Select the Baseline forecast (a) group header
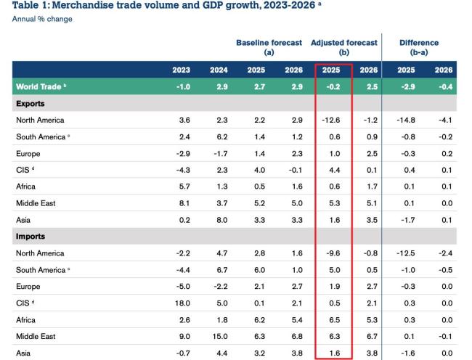[269, 48]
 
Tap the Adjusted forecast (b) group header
[343, 48]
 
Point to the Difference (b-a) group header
[419, 48]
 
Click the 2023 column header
[182, 70]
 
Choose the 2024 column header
[219, 70]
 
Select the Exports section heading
[30, 104]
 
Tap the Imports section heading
[30, 237]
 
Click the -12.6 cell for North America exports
[331, 120]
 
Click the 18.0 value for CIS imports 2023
[182, 303]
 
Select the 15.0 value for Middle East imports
[219, 337]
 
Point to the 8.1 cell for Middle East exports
[184, 203]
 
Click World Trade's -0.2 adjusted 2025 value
[333, 87]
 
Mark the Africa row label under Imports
[27, 320]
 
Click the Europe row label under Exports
[28, 154]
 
